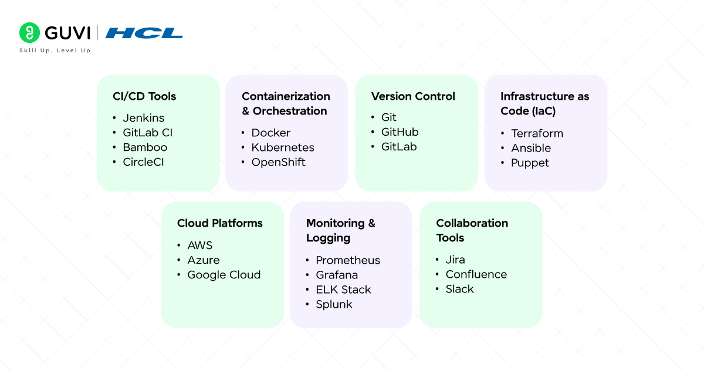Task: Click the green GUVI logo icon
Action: click(x=29, y=33)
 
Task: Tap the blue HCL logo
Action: click(x=144, y=33)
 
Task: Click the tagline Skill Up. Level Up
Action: click(x=55, y=51)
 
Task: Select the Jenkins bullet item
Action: click(x=143, y=118)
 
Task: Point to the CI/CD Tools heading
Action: click(x=144, y=96)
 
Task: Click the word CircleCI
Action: click(x=143, y=162)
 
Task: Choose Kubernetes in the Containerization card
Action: click(x=283, y=147)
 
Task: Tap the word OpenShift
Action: click(x=279, y=162)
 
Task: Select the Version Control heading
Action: click(x=413, y=96)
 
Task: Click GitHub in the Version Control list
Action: click(x=400, y=132)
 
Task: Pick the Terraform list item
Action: click(x=537, y=133)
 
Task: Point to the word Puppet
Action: click(x=530, y=163)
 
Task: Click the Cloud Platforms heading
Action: click(x=220, y=223)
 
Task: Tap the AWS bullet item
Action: click(x=199, y=245)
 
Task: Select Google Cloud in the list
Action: click(x=224, y=275)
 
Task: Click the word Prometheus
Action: click(x=348, y=260)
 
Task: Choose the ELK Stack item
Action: click(x=343, y=290)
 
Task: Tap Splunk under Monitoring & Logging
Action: click(x=334, y=304)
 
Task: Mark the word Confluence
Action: click(x=476, y=274)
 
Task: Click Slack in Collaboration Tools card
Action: click(x=459, y=289)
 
